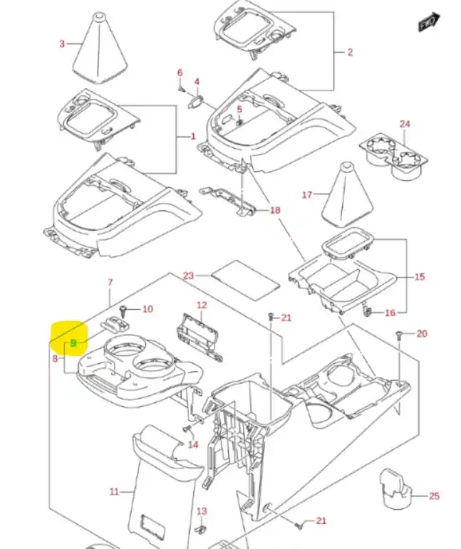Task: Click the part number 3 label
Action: [x=62, y=44]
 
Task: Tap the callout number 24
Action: [x=405, y=124]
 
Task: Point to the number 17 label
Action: [x=308, y=194]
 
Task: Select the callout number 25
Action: [x=435, y=496]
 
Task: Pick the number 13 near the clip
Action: [x=202, y=511]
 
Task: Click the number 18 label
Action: [x=275, y=209]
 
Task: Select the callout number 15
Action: [x=419, y=276]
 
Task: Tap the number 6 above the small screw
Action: [x=180, y=73]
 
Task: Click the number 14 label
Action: [x=193, y=445]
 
